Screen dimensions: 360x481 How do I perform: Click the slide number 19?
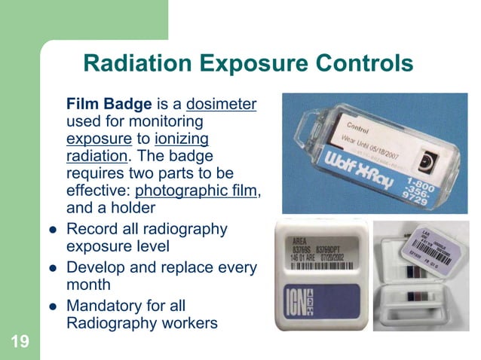[x=20, y=343]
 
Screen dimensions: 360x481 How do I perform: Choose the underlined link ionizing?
[x=181, y=139]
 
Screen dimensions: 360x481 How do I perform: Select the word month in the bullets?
[x=88, y=285]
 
